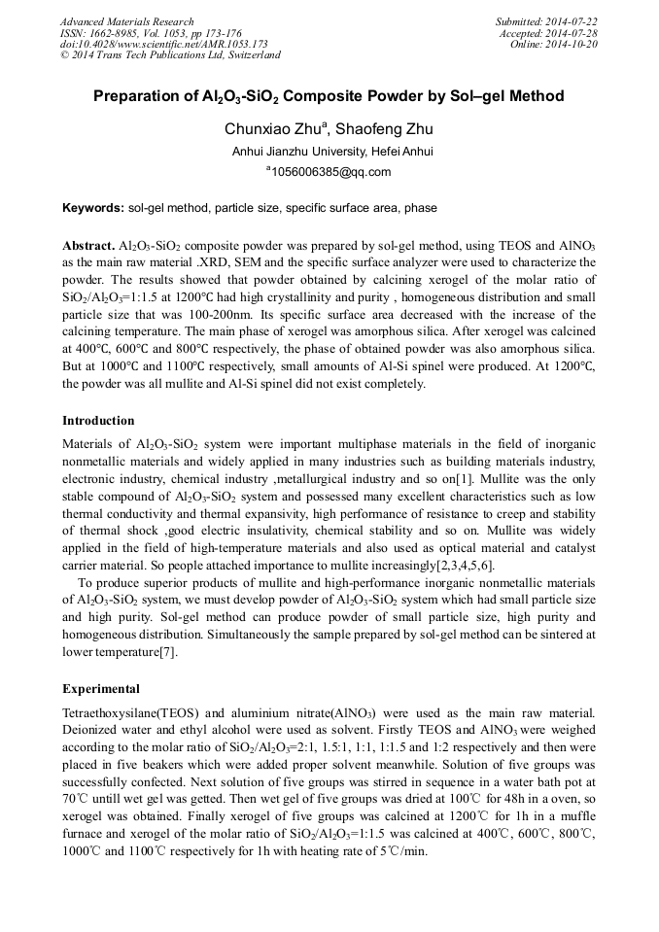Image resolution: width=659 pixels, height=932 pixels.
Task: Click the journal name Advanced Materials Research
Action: point(126,21)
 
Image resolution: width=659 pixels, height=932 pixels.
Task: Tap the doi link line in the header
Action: point(163,45)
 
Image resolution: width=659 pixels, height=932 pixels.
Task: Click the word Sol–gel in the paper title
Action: point(469,97)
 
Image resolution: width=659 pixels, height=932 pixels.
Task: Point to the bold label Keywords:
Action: point(93,208)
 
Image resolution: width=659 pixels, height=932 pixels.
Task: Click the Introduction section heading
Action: point(98,421)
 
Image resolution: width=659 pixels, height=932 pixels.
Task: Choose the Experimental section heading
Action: point(101,689)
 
